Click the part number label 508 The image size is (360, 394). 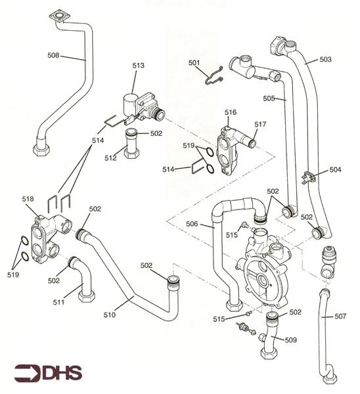tap(55, 56)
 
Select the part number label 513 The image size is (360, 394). tap(138, 66)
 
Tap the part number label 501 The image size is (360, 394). tap(194, 63)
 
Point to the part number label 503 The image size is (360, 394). tap(326, 59)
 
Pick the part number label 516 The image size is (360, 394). tap(230, 112)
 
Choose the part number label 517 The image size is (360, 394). tap(260, 124)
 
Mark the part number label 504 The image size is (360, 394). tap(336, 169)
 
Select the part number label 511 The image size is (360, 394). tap(59, 302)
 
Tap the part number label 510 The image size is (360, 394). tap(109, 315)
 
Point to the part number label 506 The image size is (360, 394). tap(192, 225)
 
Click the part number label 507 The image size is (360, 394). tap(340, 317)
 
